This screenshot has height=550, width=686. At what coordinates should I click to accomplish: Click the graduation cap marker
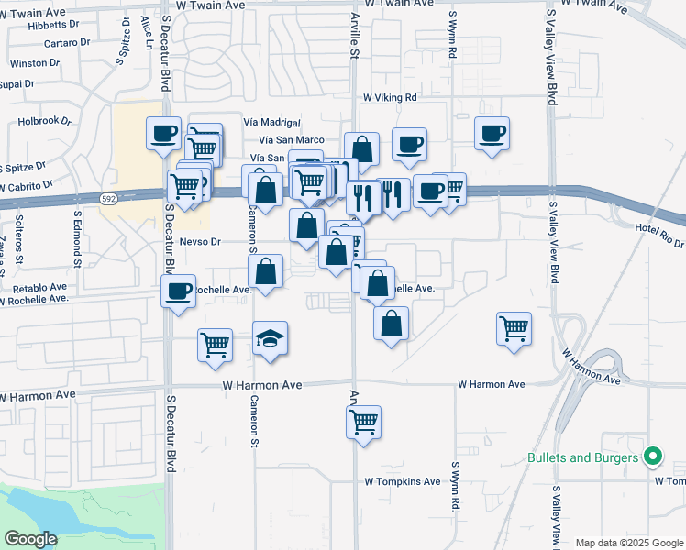tap(271, 340)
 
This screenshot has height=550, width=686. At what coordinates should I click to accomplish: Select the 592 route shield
tap(107, 198)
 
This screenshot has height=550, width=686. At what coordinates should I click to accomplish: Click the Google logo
tap(31, 538)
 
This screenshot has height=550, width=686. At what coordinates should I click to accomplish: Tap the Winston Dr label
tap(34, 63)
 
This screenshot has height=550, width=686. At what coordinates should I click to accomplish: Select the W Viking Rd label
tap(390, 97)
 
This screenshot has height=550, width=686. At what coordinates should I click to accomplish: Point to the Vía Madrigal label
tap(272, 122)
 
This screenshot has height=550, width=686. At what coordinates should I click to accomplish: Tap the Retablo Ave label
tap(34, 286)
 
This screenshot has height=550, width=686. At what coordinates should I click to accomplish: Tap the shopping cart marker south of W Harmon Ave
tap(364, 423)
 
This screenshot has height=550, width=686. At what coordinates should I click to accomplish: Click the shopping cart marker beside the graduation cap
tap(215, 345)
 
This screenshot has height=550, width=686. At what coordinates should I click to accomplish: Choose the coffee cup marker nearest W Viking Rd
tap(409, 143)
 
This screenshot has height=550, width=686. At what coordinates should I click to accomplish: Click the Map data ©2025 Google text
tap(627, 543)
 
